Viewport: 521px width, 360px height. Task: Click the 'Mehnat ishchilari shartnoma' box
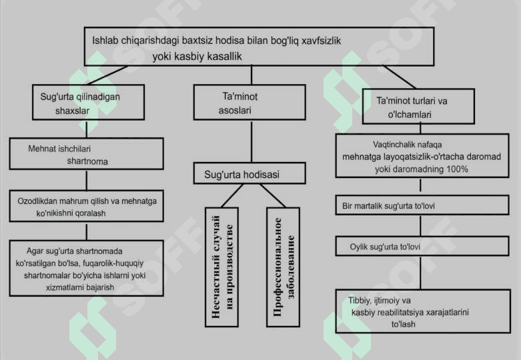tap(86, 154)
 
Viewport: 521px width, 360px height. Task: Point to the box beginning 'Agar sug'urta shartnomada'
tap(86, 267)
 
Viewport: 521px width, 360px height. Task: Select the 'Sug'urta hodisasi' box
tap(250, 174)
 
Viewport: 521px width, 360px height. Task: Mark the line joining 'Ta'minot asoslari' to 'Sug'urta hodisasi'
tap(251, 141)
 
